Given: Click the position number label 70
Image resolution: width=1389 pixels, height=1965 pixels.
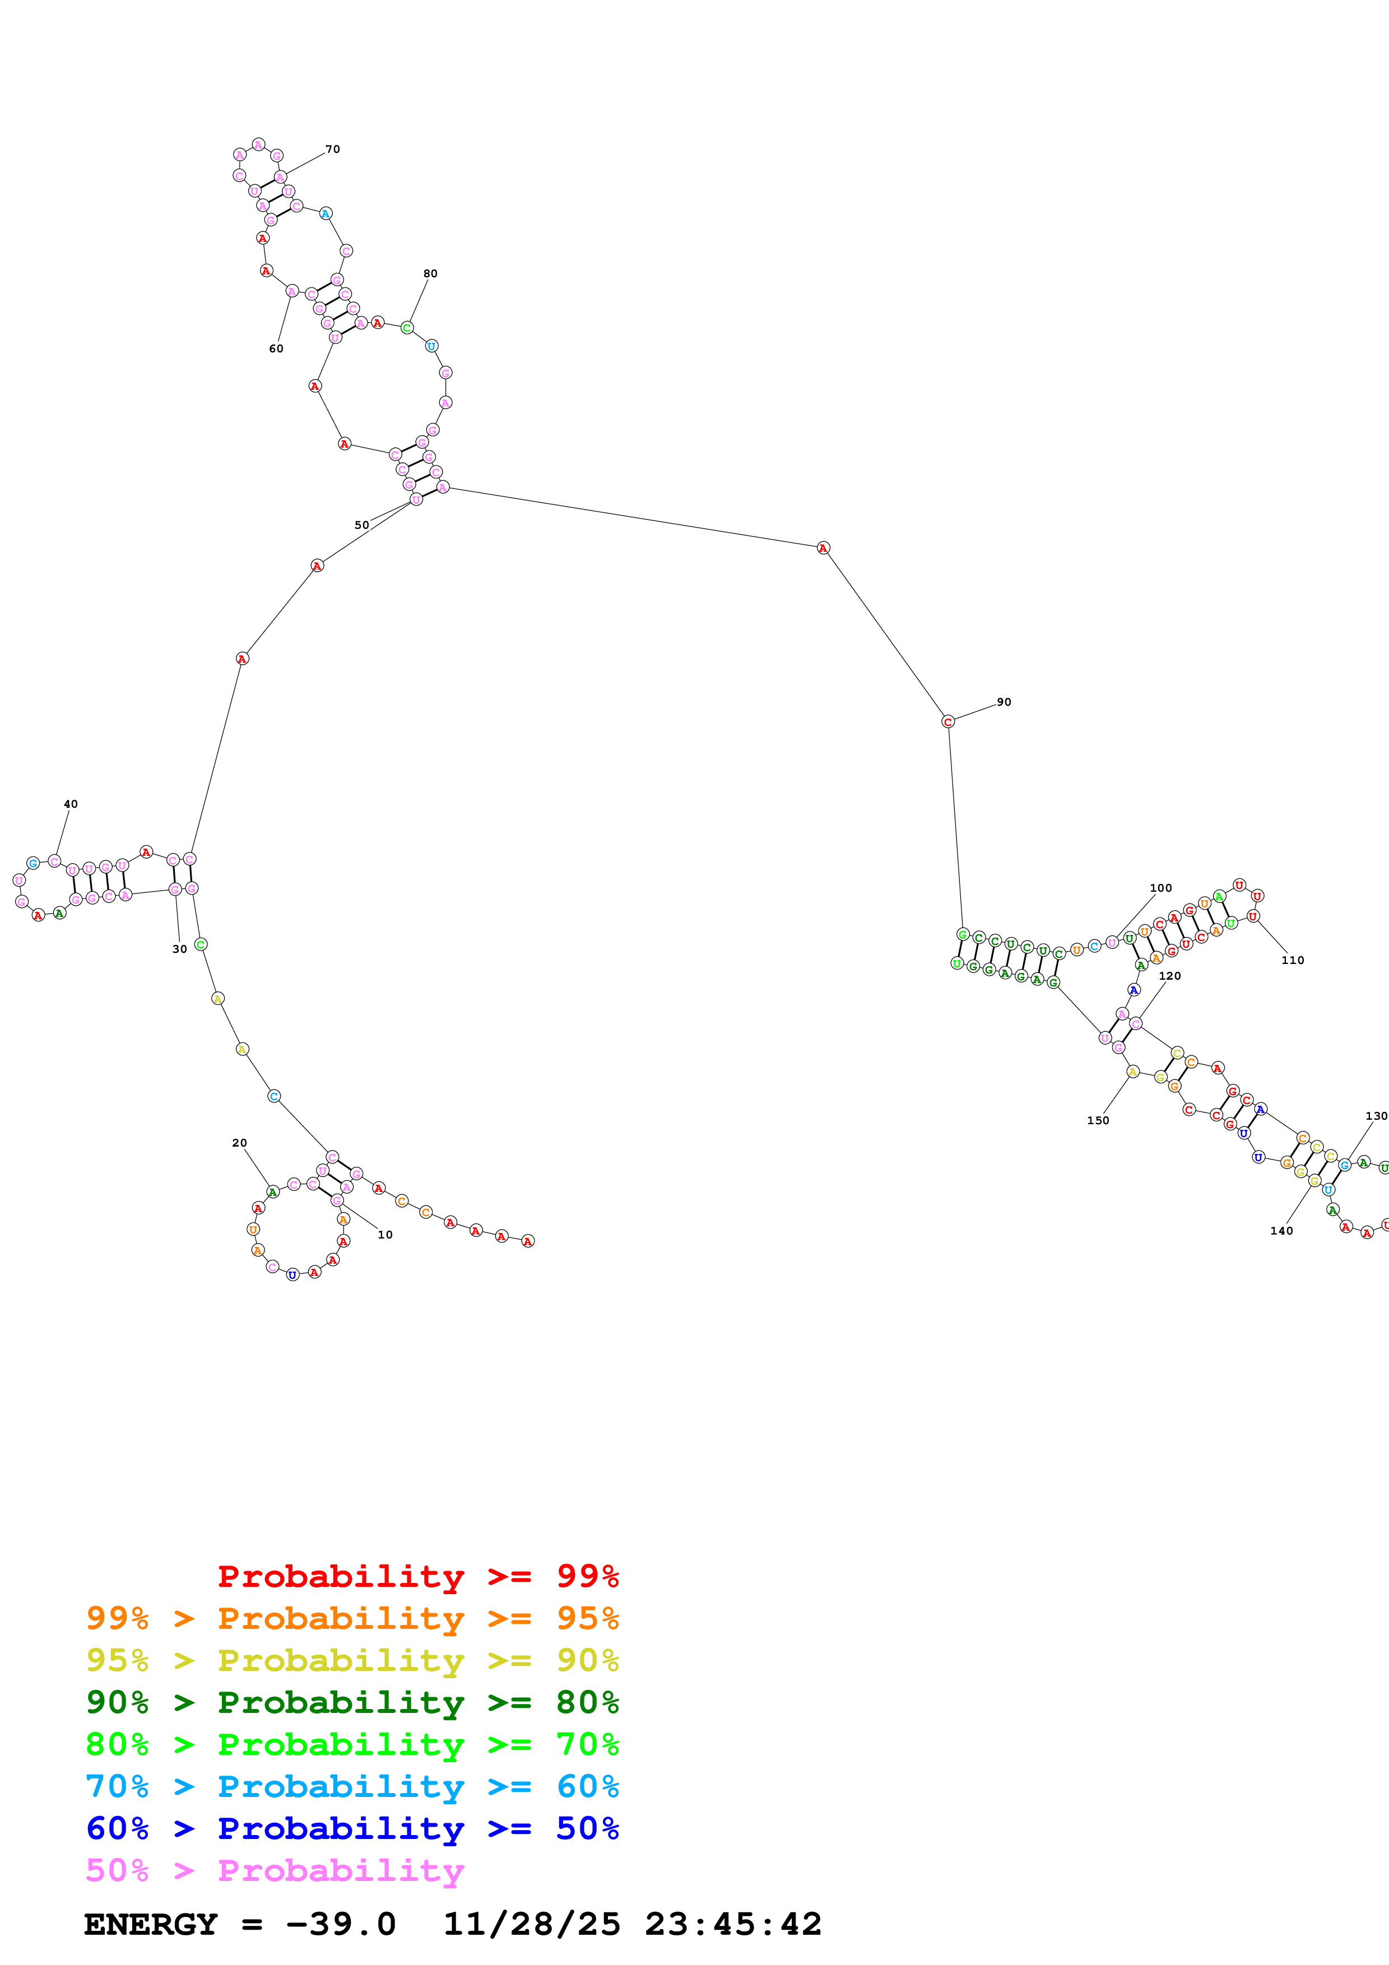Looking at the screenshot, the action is [x=332, y=150].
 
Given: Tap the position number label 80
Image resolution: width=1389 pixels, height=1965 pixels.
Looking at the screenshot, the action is [x=430, y=274].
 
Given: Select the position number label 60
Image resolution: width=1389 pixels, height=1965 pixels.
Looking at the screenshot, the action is [x=276, y=349].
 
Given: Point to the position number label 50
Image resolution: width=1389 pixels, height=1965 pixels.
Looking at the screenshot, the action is [x=361, y=525].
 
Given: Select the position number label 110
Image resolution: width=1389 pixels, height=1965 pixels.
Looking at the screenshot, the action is [x=1292, y=960].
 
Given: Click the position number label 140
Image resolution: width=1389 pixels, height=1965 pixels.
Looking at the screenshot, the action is [x=1281, y=1231].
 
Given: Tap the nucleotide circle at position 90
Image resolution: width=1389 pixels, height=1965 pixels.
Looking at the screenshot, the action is [x=947, y=721].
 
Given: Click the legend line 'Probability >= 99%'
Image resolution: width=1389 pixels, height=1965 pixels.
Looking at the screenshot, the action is [x=417, y=1576].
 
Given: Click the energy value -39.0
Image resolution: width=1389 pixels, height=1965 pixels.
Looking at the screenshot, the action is [x=341, y=1924].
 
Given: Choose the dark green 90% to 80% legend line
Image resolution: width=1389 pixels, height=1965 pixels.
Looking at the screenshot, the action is [x=352, y=1702].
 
